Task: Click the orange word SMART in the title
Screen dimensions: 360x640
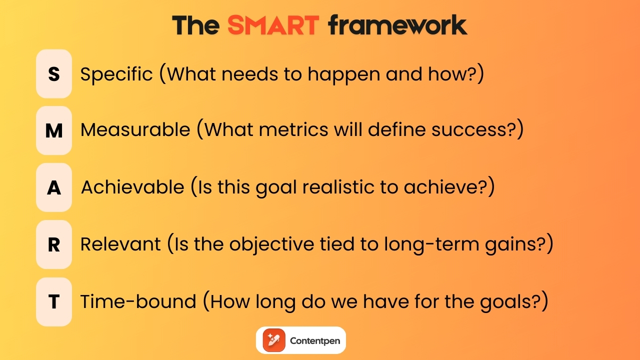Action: point(273,25)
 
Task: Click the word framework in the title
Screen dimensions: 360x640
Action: point(397,25)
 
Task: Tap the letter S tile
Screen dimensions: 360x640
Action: point(54,74)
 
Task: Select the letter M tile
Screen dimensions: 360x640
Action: point(54,130)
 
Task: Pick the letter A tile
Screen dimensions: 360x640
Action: point(54,187)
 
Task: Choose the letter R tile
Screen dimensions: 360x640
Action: point(54,244)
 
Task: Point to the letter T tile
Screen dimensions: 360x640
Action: point(54,301)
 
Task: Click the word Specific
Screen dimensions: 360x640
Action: point(116,74)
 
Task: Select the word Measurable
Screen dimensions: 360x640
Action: point(135,130)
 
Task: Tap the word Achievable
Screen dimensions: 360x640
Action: point(132,187)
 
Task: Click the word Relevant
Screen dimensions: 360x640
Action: point(120,244)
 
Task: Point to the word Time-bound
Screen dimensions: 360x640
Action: point(138,301)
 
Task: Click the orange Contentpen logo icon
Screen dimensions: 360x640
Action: point(273,340)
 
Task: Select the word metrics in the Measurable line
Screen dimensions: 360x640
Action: point(301,130)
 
